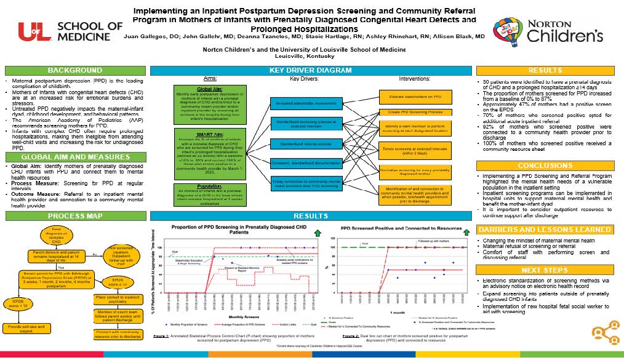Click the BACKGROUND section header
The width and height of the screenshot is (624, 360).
(x=75, y=70)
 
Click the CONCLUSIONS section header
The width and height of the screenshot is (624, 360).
(x=545, y=166)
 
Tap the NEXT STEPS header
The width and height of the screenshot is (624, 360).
(x=545, y=270)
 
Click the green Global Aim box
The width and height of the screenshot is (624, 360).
(x=201, y=103)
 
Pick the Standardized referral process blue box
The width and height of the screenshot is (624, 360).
(x=305, y=144)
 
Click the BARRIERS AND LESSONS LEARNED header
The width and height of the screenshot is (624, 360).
(x=545, y=230)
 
